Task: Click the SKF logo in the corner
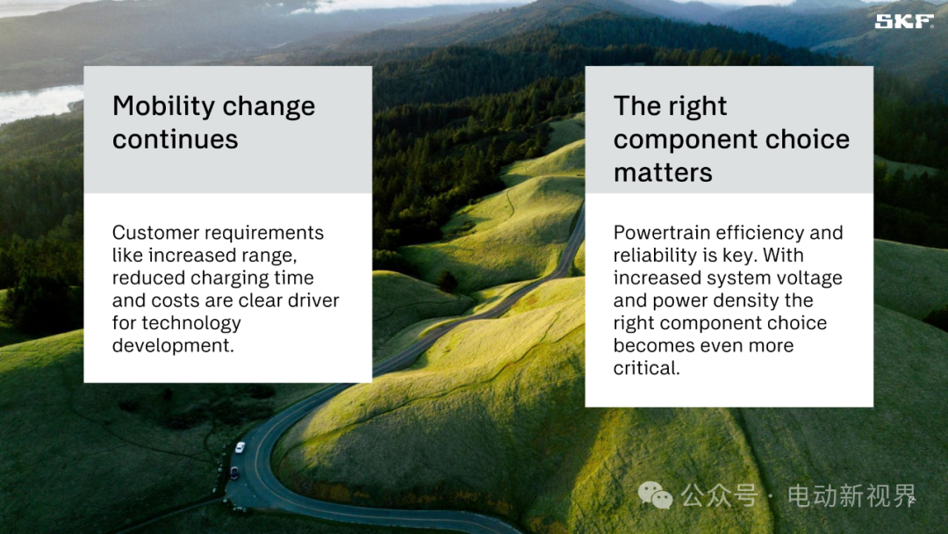(x=904, y=21)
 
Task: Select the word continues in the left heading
(x=176, y=140)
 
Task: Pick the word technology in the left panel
(x=191, y=324)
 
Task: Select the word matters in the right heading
(x=663, y=173)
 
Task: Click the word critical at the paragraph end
(x=645, y=368)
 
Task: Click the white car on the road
(x=240, y=448)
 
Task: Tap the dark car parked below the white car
(x=234, y=473)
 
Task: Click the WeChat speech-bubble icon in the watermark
(x=655, y=495)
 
